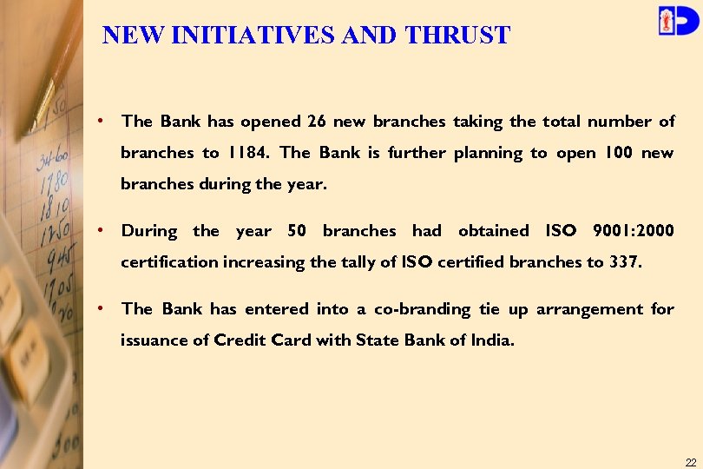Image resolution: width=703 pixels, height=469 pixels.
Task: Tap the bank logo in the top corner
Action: (x=677, y=20)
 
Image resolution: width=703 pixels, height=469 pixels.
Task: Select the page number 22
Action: (x=690, y=461)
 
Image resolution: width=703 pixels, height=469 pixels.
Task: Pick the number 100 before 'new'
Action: (x=617, y=153)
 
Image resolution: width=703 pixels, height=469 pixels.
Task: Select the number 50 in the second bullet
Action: (x=297, y=231)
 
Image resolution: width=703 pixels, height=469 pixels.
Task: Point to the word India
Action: (x=494, y=340)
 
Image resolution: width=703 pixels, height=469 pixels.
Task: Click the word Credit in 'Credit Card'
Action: (x=239, y=340)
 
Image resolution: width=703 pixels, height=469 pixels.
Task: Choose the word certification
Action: (x=169, y=262)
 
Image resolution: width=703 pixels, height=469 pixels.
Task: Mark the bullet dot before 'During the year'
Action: (x=102, y=231)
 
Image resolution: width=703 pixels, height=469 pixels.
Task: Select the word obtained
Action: (x=493, y=231)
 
